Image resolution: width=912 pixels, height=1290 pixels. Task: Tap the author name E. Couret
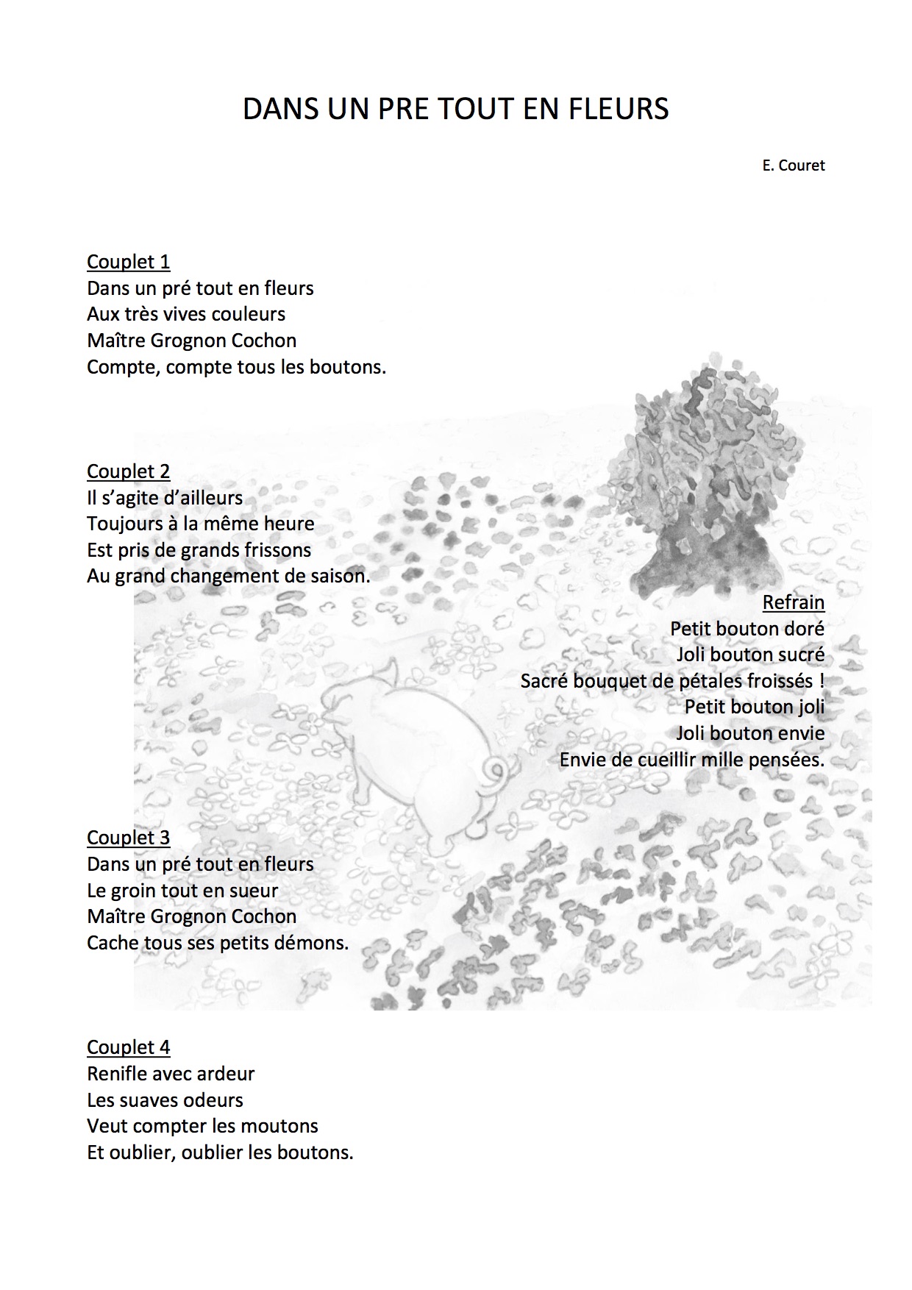(x=794, y=165)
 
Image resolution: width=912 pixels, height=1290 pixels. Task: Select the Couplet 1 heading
(x=128, y=262)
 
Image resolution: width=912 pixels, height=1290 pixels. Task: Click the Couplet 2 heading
(x=128, y=471)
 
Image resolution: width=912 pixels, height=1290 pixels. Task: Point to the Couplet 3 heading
(x=128, y=838)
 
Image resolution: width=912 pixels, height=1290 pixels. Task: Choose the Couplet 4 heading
(x=128, y=1047)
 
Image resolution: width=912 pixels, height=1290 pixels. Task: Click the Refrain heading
(x=793, y=602)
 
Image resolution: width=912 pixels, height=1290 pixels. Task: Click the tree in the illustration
(x=706, y=478)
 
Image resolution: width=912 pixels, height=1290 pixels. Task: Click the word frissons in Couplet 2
(x=277, y=550)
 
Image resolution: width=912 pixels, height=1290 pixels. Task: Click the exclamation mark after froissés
(x=821, y=681)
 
